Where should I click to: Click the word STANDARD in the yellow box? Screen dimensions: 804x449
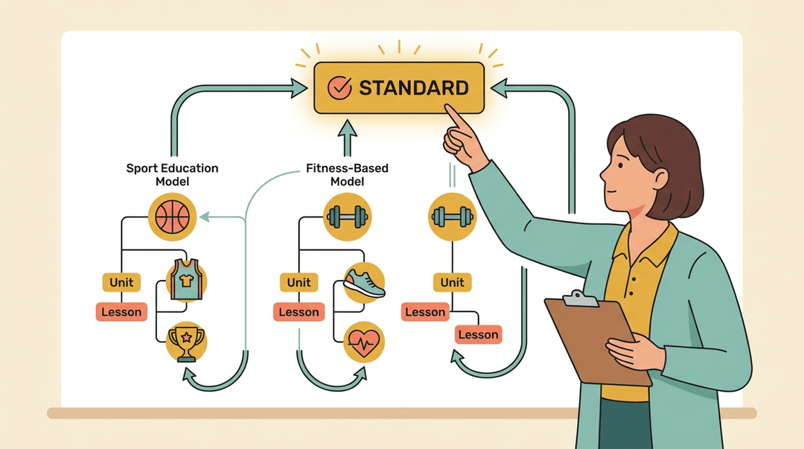pyautogui.click(x=413, y=88)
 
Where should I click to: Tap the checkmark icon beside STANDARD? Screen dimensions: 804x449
pyautogui.click(x=339, y=87)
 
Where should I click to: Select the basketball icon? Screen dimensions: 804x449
pyautogui.click(x=172, y=217)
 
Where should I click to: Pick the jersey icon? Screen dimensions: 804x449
pyautogui.click(x=187, y=280)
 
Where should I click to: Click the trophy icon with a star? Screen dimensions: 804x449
pyautogui.click(x=187, y=343)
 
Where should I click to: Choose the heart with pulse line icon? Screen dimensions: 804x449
pyautogui.click(x=364, y=343)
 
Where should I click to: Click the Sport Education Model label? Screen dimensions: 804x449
pyautogui.click(x=172, y=174)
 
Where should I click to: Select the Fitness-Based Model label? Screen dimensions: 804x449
pyautogui.click(x=347, y=174)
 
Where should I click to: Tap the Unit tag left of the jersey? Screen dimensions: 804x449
pyautogui.click(x=121, y=282)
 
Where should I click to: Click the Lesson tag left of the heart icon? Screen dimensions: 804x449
pyautogui.click(x=299, y=312)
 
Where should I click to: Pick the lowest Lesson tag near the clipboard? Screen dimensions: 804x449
pyautogui.click(x=478, y=334)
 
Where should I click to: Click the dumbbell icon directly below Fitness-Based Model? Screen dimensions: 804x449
pyautogui.click(x=347, y=217)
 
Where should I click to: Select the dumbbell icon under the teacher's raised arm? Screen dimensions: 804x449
pyautogui.click(x=452, y=217)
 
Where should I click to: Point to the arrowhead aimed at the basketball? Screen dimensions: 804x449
pyautogui.click(x=205, y=217)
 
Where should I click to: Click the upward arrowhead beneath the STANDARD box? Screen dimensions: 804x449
pyautogui.click(x=347, y=128)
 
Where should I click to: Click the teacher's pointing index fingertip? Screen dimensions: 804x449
pyautogui.click(x=448, y=107)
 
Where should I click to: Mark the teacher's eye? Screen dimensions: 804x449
pyautogui.click(x=621, y=166)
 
